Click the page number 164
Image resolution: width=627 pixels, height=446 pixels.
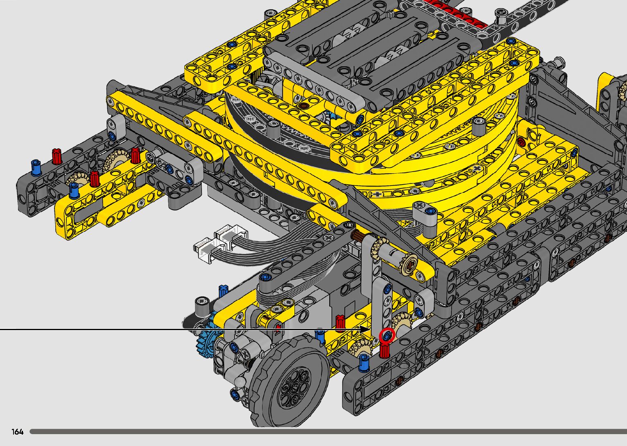coord(17,432)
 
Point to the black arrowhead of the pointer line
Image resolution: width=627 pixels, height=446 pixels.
coord(365,330)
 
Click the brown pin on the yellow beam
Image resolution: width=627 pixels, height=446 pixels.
coord(304,106)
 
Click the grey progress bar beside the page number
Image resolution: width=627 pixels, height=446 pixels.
coord(328,432)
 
